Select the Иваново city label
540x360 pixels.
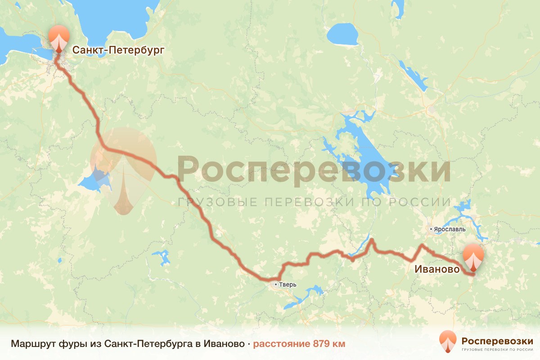tap(437, 269)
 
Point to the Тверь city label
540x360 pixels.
tap(288, 284)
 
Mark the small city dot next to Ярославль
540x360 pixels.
tap(431, 229)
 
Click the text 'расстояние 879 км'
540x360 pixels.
tap(299, 344)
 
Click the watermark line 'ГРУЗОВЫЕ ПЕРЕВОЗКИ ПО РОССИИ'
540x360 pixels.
tap(314, 202)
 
